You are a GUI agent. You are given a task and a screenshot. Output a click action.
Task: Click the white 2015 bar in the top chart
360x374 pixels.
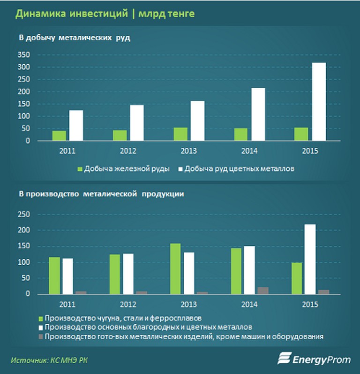tap(319, 101)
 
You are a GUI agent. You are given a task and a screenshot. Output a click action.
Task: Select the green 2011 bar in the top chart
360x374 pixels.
tap(59, 136)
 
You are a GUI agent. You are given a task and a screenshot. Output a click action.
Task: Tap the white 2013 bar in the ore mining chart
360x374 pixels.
tap(197, 121)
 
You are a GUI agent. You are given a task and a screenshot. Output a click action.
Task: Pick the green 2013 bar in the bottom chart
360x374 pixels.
tap(175, 268)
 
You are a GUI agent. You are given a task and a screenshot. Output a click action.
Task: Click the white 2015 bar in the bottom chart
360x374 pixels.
tap(310, 259)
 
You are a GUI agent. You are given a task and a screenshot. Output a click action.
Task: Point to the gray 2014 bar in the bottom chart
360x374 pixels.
tap(263, 290)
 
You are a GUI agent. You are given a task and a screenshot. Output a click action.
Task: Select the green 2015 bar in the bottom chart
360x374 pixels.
tap(296, 278)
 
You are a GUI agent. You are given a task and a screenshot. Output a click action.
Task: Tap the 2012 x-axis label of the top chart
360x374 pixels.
tap(128, 151)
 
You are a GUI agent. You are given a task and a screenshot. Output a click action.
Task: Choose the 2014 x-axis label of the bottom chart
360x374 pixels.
tap(250, 305)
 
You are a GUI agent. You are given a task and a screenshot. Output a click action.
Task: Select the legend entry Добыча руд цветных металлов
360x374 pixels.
tap(239, 169)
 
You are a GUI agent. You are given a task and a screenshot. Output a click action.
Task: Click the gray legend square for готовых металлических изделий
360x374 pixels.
tap(41, 336)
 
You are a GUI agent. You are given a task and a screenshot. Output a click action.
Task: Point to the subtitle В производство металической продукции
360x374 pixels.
tap(101, 194)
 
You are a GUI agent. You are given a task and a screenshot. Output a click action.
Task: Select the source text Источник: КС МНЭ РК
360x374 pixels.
tap(49, 360)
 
